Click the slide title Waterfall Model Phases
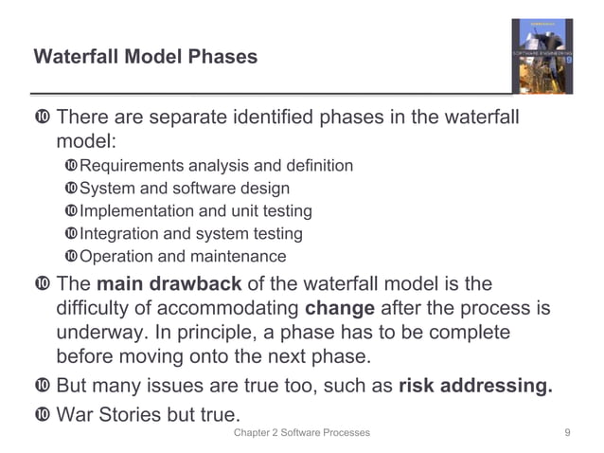[x=145, y=57]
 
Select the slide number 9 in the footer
[x=566, y=433]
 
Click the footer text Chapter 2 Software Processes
[x=302, y=433]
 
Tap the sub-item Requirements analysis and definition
[x=216, y=166]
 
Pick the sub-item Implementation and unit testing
[x=195, y=211]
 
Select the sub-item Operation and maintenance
[x=182, y=257]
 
